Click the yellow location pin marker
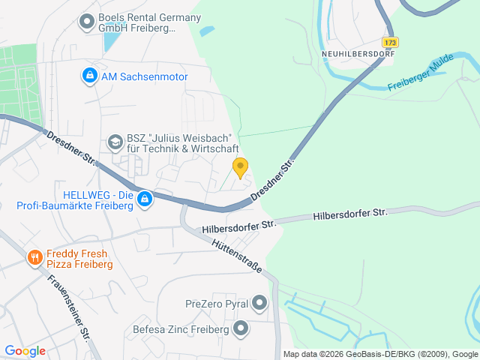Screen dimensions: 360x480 pyautogui.click(x=240, y=167)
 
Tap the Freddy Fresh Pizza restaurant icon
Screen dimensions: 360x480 pyautogui.click(x=34, y=259)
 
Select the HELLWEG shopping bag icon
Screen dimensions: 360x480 pyautogui.click(x=145, y=199)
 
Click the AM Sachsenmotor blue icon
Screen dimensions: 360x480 pyautogui.click(x=89, y=76)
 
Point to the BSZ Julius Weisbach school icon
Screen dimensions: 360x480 pyautogui.click(x=115, y=141)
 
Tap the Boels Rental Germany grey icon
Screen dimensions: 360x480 pyautogui.click(x=86, y=22)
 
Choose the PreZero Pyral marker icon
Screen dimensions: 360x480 pyautogui.click(x=260, y=303)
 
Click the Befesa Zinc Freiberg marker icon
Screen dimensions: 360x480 pyautogui.click(x=241, y=328)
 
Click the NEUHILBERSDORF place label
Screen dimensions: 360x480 pyautogui.click(x=357, y=54)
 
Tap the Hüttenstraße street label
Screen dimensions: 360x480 pyautogui.click(x=235, y=256)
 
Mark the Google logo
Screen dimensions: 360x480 pyautogui.click(x=25, y=350)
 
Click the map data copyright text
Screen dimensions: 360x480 pyautogui.click(x=380, y=354)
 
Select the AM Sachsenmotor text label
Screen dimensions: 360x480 pyautogui.click(x=144, y=76)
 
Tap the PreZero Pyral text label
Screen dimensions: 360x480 pyautogui.click(x=216, y=304)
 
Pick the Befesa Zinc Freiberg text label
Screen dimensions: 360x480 pyautogui.click(x=181, y=328)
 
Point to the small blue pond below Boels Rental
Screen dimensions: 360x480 pyautogui.click(x=110, y=42)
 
